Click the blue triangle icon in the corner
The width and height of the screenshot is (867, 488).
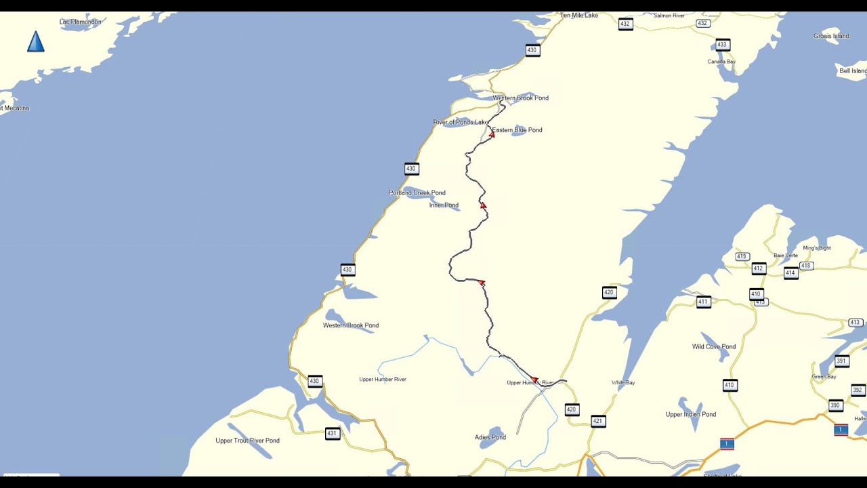click(36, 42)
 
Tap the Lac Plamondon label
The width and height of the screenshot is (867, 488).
click(80, 22)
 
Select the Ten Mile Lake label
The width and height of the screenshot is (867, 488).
click(578, 15)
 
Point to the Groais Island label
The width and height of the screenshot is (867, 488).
click(831, 36)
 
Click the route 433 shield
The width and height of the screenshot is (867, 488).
click(722, 45)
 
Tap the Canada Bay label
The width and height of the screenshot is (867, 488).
click(721, 62)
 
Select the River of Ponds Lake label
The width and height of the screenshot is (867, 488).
click(461, 122)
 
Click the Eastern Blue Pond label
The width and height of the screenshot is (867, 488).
click(517, 130)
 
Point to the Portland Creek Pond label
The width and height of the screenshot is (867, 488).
click(417, 193)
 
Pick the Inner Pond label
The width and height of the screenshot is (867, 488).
click(444, 205)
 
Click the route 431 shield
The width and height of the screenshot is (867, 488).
click(332, 434)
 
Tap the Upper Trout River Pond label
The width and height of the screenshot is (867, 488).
click(247, 441)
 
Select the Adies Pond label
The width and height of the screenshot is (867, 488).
click(490, 437)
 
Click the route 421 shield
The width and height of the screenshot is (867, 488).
click(597, 421)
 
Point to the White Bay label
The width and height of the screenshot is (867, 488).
click(623, 383)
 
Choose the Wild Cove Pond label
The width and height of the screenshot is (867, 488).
click(714, 347)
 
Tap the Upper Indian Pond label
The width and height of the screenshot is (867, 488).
click(691, 415)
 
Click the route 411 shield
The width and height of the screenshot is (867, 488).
click(704, 302)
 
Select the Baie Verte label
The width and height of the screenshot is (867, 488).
click(786, 256)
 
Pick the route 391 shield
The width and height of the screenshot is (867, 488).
click(842, 361)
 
